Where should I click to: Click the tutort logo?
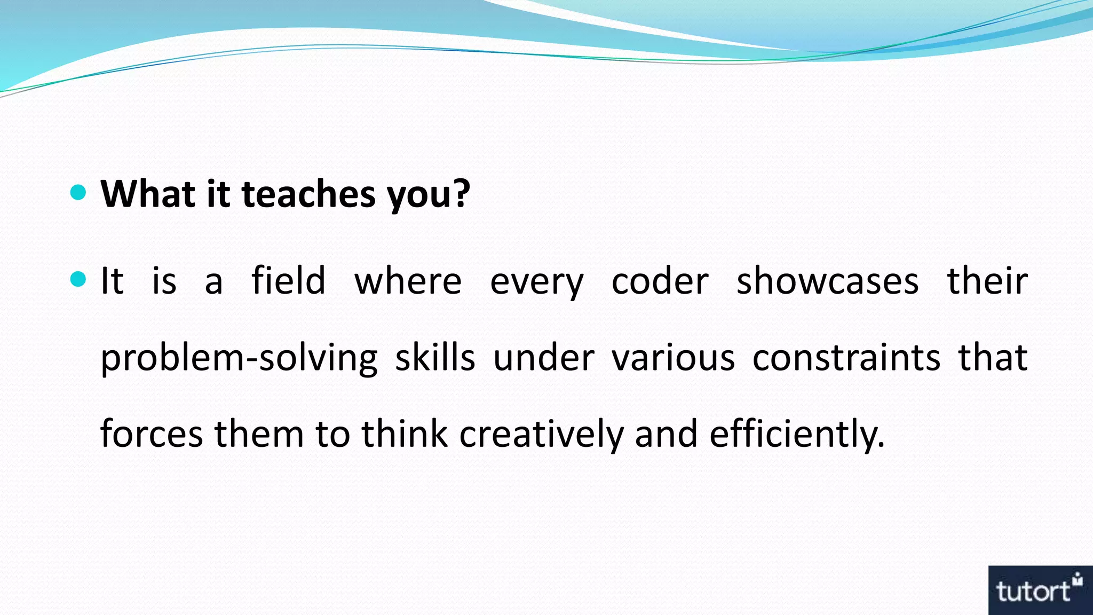(1040, 590)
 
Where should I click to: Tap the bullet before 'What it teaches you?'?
(78, 192)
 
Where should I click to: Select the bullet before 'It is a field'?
(78, 279)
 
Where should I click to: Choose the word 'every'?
(536, 282)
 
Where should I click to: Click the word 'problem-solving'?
(239, 358)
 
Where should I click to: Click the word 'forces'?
(152, 433)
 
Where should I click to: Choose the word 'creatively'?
(541, 433)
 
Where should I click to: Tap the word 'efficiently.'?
(797, 433)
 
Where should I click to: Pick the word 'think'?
(405, 433)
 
